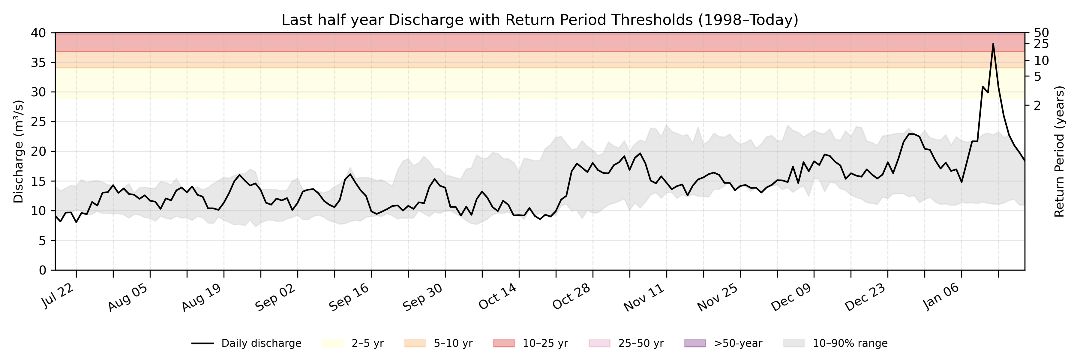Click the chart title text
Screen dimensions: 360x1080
point(540,20)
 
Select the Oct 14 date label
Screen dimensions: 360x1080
point(498,296)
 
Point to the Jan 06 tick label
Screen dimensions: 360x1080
point(941,296)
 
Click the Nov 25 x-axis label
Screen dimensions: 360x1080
point(718,297)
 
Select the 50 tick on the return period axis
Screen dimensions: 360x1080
point(1041,33)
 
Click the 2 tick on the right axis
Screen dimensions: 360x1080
point(1037,106)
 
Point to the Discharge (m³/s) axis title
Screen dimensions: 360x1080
point(18,151)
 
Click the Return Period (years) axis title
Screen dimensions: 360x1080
point(1060,151)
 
